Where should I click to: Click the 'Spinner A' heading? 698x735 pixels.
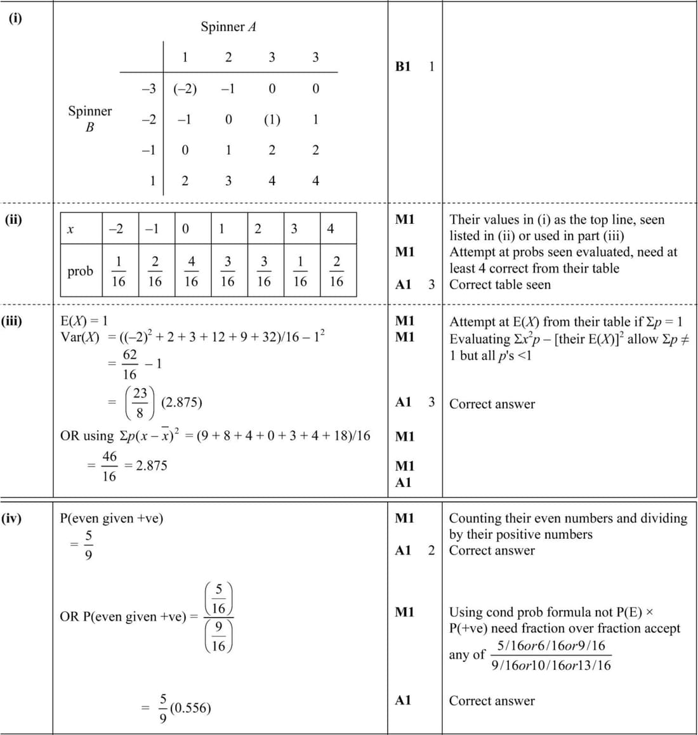[228, 27]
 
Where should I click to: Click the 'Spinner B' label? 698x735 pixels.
[90, 119]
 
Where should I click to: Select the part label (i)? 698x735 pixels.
[15, 18]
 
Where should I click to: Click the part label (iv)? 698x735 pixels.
[11, 518]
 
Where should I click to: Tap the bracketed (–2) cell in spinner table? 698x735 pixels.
[185, 89]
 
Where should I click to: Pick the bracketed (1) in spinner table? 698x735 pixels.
[272, 119]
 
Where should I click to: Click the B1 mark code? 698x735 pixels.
[403, 66]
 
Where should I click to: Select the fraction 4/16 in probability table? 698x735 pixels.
[191, 271]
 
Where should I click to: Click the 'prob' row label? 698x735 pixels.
[80, 271]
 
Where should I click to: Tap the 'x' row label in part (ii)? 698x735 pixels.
[70, 229]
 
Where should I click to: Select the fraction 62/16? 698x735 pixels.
[129, 364]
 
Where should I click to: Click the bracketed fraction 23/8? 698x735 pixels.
[140, 403]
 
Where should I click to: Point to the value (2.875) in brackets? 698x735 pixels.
[181, 402]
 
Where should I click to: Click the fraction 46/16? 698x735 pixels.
[109, 465]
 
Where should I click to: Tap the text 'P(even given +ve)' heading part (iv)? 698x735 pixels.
[112, 518]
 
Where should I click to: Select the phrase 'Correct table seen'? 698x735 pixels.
[500, 285]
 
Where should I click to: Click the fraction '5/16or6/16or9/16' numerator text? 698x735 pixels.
[551, 646]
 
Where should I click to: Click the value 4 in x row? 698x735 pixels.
[331, 229]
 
